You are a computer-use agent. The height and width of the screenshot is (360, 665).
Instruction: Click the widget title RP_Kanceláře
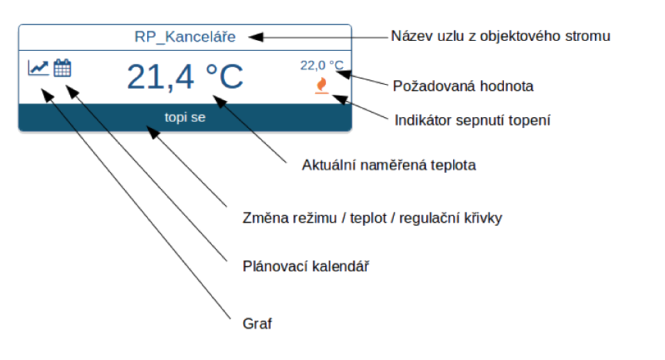pyautogui.click(x=185, y=37)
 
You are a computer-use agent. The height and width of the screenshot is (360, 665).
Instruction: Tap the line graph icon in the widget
pyautogui.click(x=39, y=68)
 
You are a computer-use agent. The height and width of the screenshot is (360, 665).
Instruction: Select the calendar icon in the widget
pyautogui.click(x=62, y=68)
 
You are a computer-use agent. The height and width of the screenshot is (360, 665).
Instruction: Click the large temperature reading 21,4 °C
pyautogui.click(x=185, y=77)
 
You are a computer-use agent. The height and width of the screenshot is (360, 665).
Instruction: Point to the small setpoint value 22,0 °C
pyautogui.click(x=322, y=66)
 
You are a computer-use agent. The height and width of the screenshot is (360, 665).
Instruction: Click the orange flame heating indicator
pyautogui.click(x=322, y=86)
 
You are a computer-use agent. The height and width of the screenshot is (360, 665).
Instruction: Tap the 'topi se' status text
pyautogui.click(x=185, y=117)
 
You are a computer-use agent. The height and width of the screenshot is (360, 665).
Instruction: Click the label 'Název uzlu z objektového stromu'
pyautogui.click(x=500, y=36)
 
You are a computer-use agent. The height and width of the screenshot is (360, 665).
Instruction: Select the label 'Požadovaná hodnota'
pyautogui.click(x=463, y=86)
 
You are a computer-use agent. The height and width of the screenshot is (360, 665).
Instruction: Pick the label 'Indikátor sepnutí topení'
pyautogui.click(x=472, y=120)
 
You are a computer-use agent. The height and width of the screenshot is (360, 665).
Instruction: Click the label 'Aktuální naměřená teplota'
pyautogui.click(x=389, y=165)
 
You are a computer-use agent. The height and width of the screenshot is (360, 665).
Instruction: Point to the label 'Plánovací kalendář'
pyautogui.click(x=306, y=266)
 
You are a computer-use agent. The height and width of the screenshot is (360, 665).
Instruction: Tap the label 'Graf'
pyautogui.click(x=257, y=324)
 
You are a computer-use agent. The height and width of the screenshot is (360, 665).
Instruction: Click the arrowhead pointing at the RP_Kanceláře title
pyautogui.click(x=256, y=37)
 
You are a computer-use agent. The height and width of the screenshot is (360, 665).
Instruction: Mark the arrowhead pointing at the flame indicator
pyautogui.click(x=340, y=99)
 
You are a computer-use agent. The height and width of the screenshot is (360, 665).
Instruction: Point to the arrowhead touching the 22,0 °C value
pyautogui.click(x=343, y=74)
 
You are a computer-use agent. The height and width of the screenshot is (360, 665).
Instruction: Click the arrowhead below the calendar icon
pyautogui.click(x=72, y=92)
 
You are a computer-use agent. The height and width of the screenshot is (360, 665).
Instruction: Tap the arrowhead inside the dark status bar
pyautogui.click(x=153, y=132)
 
